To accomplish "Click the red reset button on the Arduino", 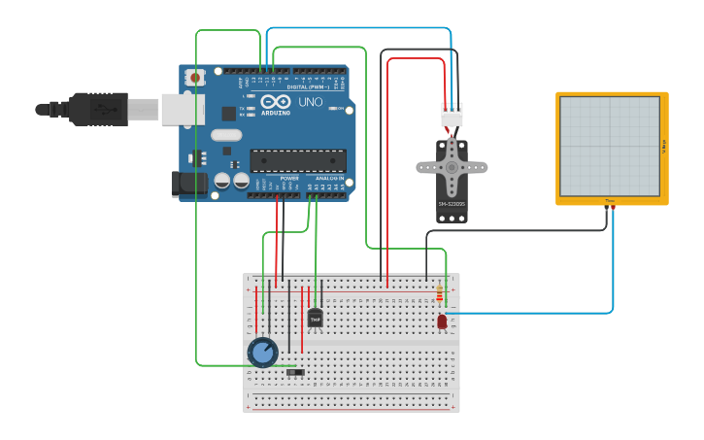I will (195, 77).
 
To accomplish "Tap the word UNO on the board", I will (311, 102).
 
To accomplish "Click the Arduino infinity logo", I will (276, 102).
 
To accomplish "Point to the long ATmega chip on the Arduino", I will (297, 161).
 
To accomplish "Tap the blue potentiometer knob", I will (262, 351).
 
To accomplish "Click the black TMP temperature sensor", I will (315, 319).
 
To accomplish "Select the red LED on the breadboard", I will (442, 321).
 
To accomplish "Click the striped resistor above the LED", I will (440, 294).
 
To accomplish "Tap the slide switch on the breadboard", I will (296, 372).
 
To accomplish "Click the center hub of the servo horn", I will (452, 167).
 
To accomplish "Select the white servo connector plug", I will (452, 115).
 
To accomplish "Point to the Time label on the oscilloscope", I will (610, 201).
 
